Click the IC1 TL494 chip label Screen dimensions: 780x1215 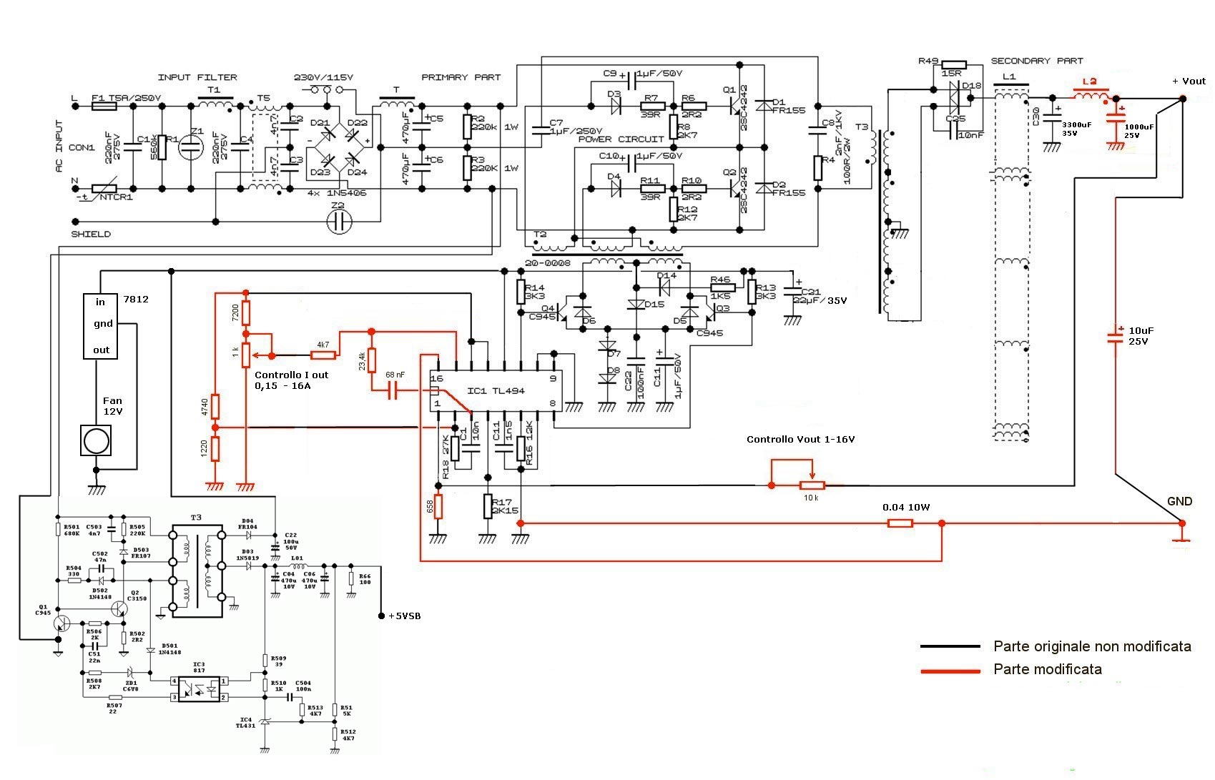pos(496,391)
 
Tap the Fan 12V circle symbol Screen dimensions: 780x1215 pos(97,440)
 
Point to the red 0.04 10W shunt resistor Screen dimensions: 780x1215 pos(900,523)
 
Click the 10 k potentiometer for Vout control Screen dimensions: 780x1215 pos(812,485)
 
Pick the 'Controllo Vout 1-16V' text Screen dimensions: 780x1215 pos(800,439)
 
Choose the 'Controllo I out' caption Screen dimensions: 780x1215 pos(291,375)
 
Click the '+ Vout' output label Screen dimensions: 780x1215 pos(1189,81)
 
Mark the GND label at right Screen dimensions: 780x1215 pos(1179,501)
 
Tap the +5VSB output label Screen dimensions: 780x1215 pos(404,616)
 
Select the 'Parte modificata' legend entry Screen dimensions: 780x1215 pos(1047,669)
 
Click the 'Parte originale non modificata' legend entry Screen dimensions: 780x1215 pos(1091,646)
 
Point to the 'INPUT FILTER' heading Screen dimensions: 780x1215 pos(197,77)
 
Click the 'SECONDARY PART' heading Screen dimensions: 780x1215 pos(1036,61)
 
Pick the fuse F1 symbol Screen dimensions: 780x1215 pos(104,107)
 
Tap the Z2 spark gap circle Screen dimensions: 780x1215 pos(339,222)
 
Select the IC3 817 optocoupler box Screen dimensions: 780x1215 pos(199,688)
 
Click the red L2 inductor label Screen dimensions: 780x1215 pos(1089,82)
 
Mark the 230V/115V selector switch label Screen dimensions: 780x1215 pos(323,77)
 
